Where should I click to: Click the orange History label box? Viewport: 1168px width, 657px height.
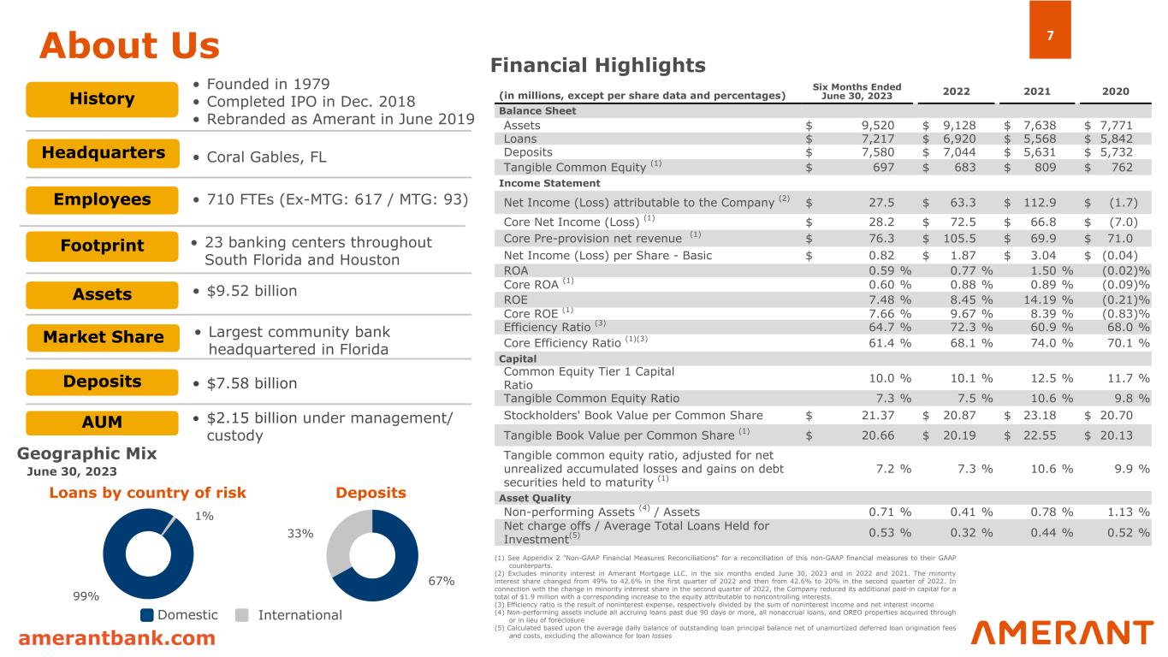[x=102, y=99]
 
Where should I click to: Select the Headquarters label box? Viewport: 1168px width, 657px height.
[x=102, y=153]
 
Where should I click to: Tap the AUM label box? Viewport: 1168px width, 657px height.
[x=102, y=422]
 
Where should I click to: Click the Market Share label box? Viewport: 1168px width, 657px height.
[x=102, y=337]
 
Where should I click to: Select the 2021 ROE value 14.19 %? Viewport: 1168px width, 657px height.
[x=1050, y=299]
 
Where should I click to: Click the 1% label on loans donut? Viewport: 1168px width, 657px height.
[x=204, y=516]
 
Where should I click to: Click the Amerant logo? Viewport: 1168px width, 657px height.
[x=1062, y=633]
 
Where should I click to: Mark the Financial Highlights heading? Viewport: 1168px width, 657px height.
[x=597, y=65]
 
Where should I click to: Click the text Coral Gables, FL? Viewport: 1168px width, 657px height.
[x=259, y=157]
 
